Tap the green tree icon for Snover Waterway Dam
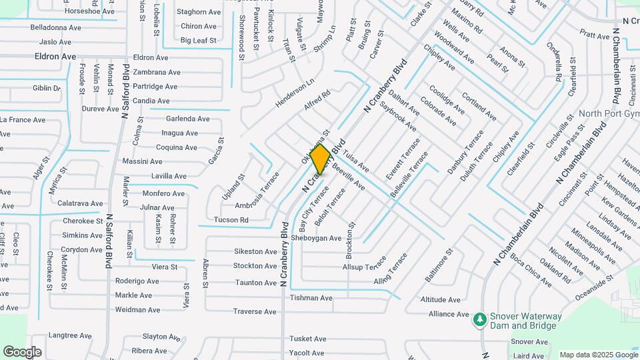[479, 321]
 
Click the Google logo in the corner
[22, 351]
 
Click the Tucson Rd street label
[231, 220]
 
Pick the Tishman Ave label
[311, 298]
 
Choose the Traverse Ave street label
[255, 311]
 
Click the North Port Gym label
[609, 113]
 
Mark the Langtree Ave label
[69, 335]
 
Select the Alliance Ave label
[449, 314]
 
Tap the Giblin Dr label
[47, 88]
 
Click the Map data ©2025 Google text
[598, 355]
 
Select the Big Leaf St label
[199, 41]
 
